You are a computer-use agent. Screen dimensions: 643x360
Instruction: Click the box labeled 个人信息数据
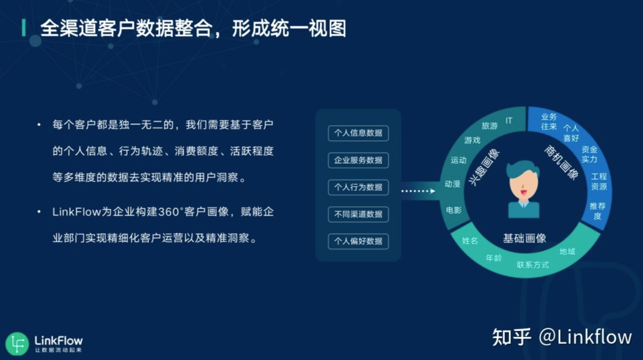(x=358, y=133)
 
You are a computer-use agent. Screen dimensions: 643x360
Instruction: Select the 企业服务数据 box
(x=358, y=160)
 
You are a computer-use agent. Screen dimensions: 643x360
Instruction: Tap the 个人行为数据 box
(x=358, y=187)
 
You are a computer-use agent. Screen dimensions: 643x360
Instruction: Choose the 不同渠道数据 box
(x=358, y=214)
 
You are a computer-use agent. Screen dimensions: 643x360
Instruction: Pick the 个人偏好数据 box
(x=358, y=241)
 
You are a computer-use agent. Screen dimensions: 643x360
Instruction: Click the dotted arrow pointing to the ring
(x=418, y=191)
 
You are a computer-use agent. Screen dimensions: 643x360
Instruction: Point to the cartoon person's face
(x=523, y=187)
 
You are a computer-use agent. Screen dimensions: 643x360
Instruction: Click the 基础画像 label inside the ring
(x=524, y=238)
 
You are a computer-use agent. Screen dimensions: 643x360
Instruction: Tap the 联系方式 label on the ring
(x=533, y=265)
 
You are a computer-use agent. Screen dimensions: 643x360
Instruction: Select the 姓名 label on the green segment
(x=470, y=240)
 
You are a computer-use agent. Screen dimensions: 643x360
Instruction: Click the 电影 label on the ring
(x=454, y=210)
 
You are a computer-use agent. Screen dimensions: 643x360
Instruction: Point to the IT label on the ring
(x=509, y=120)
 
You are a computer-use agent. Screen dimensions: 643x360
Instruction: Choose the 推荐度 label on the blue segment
(x=598, y=211)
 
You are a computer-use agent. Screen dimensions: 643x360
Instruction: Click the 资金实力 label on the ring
(x=590, y=154)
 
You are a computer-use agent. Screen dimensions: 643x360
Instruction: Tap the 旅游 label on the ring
(x=490, y=126)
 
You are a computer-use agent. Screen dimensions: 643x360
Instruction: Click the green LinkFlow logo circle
(x=17, y=343)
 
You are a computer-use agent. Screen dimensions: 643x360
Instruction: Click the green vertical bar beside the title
(x=24, y=28)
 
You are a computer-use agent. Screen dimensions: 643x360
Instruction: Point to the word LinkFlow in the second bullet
(x=77, y=212)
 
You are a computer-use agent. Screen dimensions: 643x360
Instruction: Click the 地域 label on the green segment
(x=568, y=251)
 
